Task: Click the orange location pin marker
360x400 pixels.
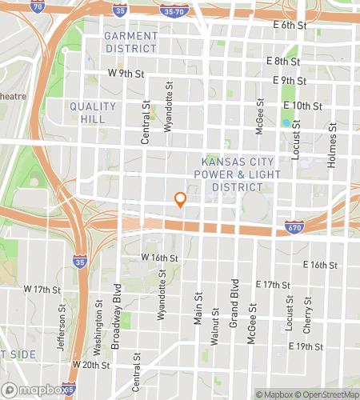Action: (x=181, y=200)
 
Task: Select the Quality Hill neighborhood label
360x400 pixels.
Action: (x=94, y=112)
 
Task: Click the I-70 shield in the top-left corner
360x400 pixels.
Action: (x=36, y=7)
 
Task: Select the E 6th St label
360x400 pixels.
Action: (x=290, y=26)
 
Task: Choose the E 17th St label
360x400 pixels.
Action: (x=272, y=285)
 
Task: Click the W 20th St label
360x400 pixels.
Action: (x=89, y=364)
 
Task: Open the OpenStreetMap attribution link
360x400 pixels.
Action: (x=327, y=394)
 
